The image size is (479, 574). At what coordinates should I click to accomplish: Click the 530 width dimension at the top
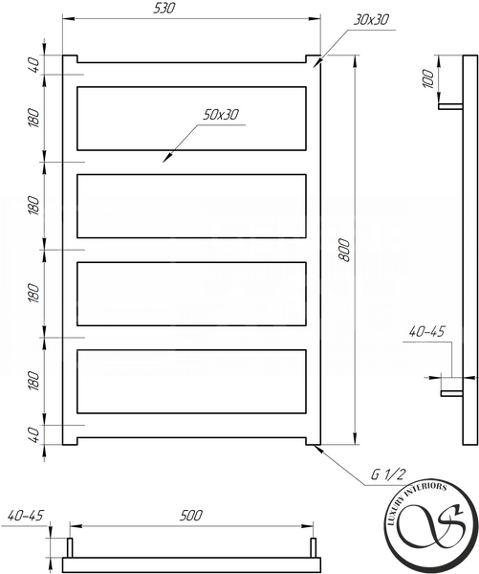tap(163, 8)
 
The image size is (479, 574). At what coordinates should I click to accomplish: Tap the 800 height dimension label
tap(344, 250)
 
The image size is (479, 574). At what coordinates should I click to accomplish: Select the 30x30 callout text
tap(371, 20)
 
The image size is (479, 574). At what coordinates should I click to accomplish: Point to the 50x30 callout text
tap(221, 115)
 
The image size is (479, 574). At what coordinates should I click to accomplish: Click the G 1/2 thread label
tap(388, 475)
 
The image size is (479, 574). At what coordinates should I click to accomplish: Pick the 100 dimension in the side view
tap(428, 78)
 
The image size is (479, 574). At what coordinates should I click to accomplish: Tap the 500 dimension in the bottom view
tap(190, 516)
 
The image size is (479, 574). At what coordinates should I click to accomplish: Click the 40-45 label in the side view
tap(426, 332)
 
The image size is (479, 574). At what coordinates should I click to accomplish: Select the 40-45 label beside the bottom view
tap(25, 516)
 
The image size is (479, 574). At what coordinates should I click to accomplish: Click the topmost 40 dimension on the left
tap(33, 65)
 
